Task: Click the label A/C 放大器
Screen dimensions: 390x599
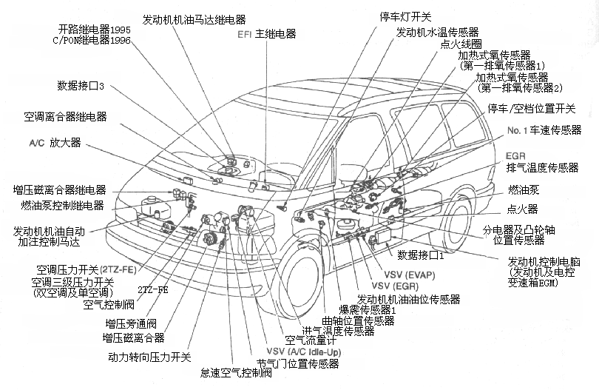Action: point(55,142)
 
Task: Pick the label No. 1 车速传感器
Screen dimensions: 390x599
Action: point(544,131)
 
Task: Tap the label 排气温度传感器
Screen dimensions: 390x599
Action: point(542,169)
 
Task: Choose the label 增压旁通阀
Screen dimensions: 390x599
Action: point(131,323)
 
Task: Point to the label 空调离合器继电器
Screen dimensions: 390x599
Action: point(65,117)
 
